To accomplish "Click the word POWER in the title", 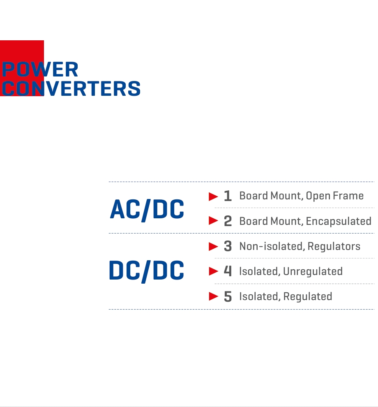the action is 40,69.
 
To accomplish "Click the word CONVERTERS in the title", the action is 71,88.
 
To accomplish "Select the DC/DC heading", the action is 147,271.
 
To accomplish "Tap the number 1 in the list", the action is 228,196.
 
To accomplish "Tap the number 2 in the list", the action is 228,221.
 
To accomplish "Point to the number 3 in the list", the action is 228,246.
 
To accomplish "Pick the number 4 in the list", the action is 228,271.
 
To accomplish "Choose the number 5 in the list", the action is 228,296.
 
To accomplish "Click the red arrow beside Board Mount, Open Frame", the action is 213,197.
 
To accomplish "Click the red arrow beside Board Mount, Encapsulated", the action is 213,221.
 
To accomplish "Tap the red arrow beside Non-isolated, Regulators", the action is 213,246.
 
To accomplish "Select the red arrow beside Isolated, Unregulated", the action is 213,271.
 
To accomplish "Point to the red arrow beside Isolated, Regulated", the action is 213,296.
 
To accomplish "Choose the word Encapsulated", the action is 339,222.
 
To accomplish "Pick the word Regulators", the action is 334,247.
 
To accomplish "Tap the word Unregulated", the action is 313,271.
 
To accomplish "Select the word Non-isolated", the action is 272,246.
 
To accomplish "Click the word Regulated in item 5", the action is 308,297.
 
